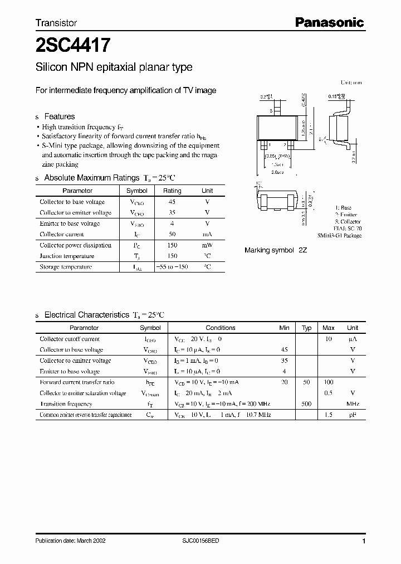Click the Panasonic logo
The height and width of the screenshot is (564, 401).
(329, 22)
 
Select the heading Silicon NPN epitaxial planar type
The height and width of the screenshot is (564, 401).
(114, 67)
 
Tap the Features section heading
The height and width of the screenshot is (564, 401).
(59, 116)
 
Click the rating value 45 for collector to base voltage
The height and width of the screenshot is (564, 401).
(172, 202)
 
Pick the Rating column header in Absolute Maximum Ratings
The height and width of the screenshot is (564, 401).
(172, 191)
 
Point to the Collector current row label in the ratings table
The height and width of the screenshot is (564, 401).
(62, 235)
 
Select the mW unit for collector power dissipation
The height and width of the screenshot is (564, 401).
(207, 245)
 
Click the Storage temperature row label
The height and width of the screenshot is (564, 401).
(66, 267)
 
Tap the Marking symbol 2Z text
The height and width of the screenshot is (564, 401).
(276, 250)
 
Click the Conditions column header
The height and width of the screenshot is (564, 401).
(221, 328)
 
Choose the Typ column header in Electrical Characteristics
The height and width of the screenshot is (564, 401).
(306, 328)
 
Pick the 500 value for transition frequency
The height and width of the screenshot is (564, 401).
(306, 404)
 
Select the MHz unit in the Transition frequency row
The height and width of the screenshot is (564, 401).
(353, 404)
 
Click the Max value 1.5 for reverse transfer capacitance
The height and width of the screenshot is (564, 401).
(329, 415)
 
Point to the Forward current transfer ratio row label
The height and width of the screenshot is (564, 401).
(77, 382)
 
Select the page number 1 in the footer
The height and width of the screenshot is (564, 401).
(363, 541)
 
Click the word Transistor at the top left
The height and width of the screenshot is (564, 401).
(56, 23)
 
